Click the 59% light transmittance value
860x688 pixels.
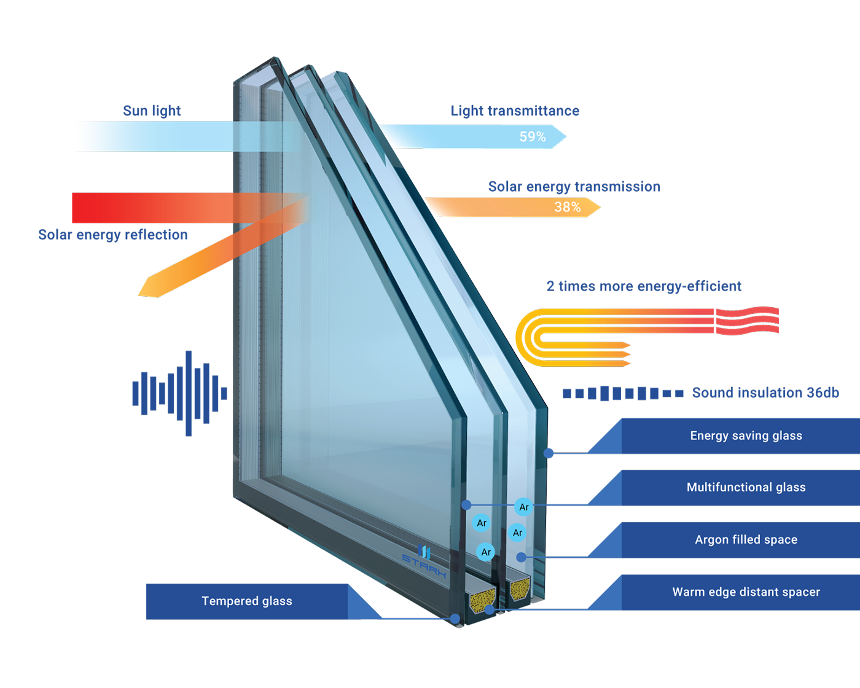click(533, 136)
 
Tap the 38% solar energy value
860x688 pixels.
click(567, 207)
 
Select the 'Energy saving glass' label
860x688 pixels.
click(746, 436)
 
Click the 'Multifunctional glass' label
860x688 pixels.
click(746, 487)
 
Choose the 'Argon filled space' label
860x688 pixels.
click(746, 539)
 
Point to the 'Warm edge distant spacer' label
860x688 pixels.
click(746, 592)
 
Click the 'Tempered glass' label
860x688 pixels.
click(247, 601)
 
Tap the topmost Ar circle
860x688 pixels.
click(523, 507)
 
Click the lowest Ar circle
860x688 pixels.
click(486, 552)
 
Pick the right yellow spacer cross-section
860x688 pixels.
click(520, 588)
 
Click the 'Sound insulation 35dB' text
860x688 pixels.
click(765, 392)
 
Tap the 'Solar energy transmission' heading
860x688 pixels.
click(574, 186)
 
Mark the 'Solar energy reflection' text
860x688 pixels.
click(112, 234)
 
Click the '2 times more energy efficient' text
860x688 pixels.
click(644, 286)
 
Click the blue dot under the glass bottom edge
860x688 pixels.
click(455, 619)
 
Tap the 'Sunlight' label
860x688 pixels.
click(153, 111)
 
